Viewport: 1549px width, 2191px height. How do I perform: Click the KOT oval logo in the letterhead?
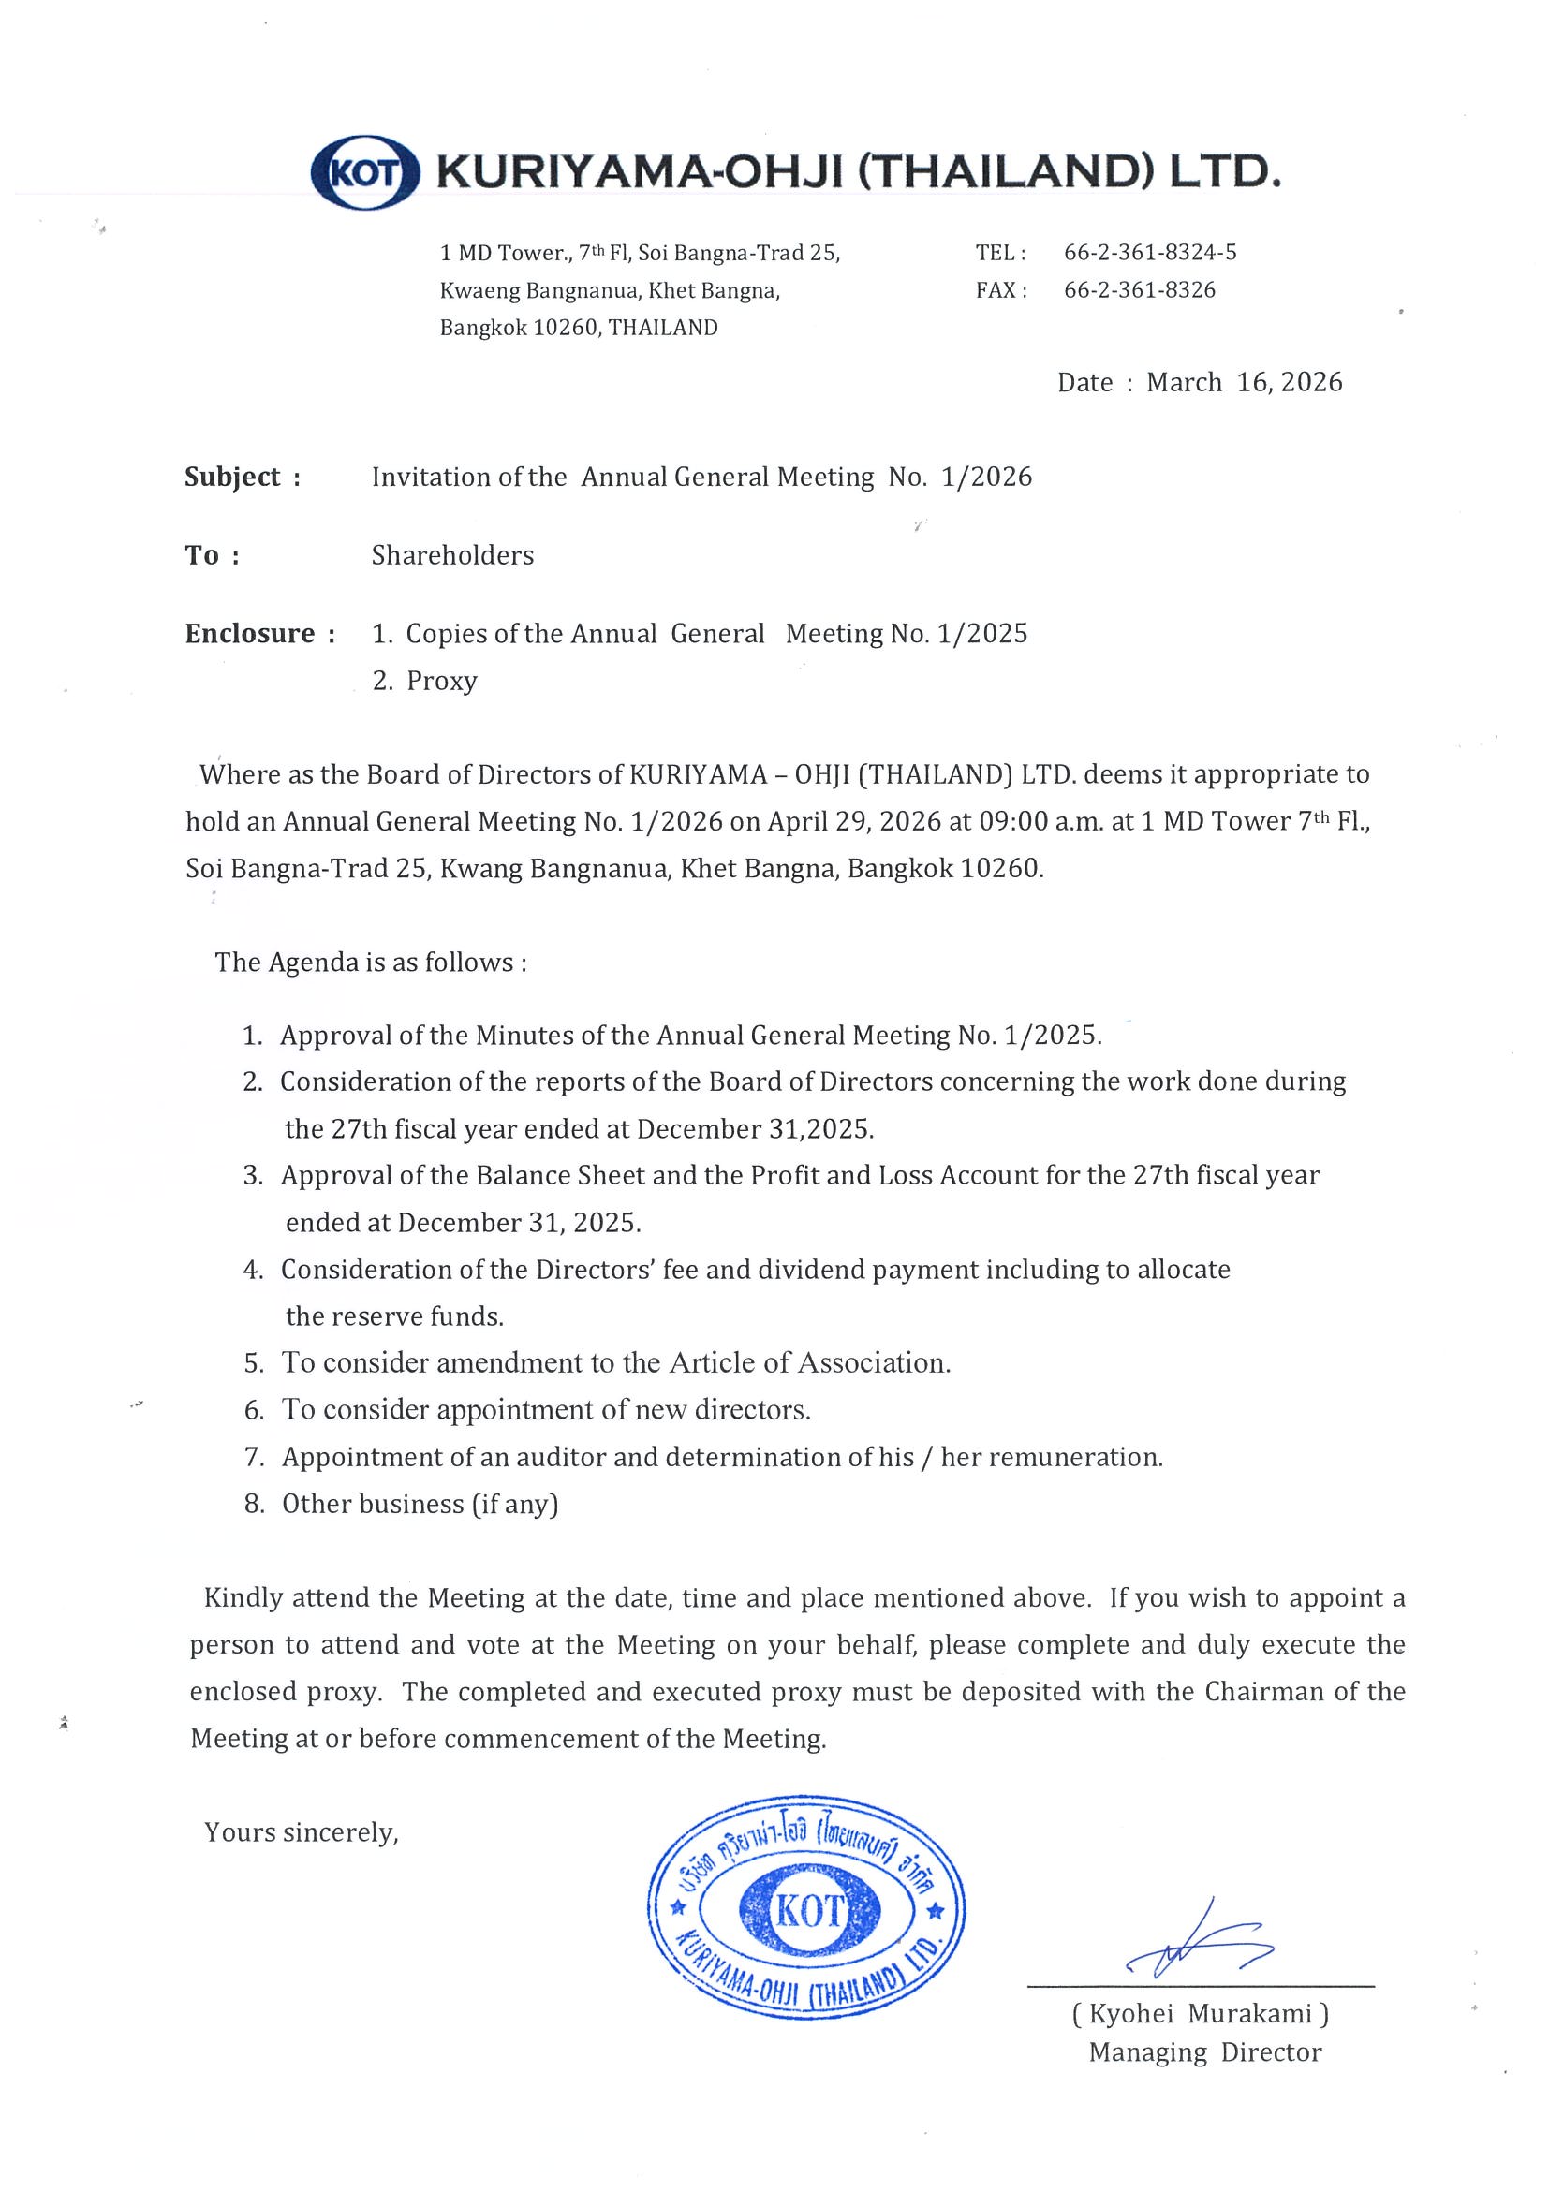coord(365,172)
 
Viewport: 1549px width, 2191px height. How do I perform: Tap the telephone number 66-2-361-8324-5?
coord(1149,253)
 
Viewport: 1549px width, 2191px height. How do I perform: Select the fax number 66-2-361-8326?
coord(1139,290)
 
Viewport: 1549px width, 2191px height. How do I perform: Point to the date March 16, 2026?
coord(1244,383)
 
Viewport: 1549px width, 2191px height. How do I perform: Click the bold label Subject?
coord(232,478)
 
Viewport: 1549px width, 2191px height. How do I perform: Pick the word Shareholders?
coord(452,555)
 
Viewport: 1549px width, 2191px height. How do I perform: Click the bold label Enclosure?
coord(249,634)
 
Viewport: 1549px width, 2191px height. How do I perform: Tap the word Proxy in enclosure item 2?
coord(441,682)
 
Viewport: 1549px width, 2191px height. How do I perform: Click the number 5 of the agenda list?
coord(253,1363)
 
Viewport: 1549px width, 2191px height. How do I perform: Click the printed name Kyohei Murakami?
coord(1200,2014)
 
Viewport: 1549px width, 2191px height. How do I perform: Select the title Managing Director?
coord(1204,2052)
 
